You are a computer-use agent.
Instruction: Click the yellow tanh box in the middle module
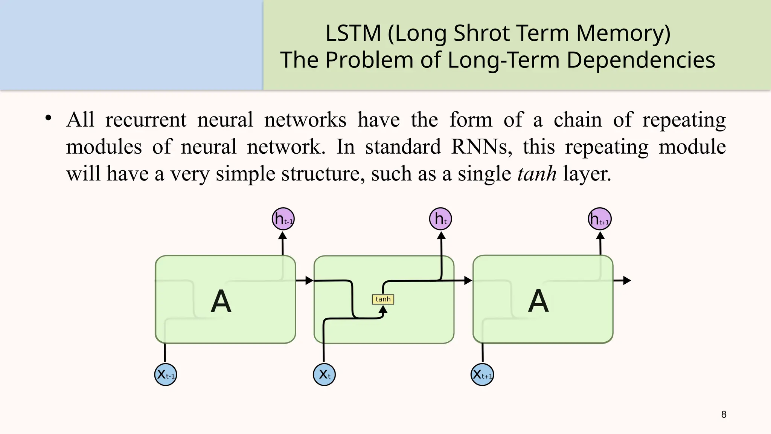(383, 299)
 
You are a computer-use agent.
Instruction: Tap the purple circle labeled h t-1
(283, 219)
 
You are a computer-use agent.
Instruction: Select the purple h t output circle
(440, 219)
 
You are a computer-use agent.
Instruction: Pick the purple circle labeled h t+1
(600, 219)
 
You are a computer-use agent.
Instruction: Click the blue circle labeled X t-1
(166, 374)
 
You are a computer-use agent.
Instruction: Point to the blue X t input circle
(324, 374)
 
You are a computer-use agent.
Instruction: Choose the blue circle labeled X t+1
(482, 374)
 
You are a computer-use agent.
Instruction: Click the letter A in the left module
(221, 301)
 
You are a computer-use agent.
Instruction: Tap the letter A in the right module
(538, 301)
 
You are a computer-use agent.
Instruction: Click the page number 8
(724, 414)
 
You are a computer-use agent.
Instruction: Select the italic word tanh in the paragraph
(537, 174)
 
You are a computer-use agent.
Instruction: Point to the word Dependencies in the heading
(640, 60)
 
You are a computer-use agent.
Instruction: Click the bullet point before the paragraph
(48, 118)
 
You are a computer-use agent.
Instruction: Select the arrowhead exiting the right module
(627, 280)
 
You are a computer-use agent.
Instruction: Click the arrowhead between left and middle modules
(309, 280)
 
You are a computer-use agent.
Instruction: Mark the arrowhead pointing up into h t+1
(600, 236)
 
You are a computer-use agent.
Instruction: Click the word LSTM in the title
(353, 33)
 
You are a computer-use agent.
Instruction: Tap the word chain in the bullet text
(577, 120)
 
